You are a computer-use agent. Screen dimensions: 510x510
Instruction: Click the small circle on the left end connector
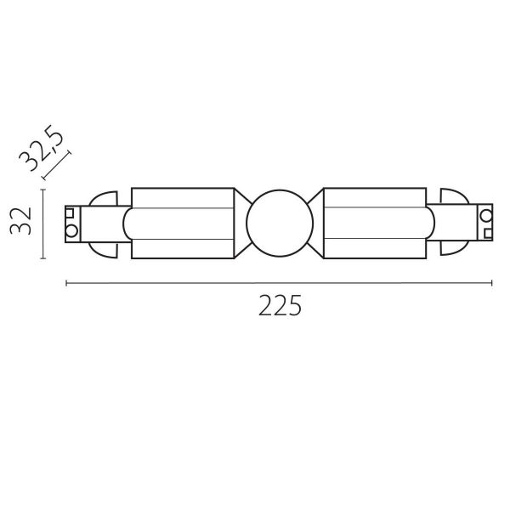click(72, 229)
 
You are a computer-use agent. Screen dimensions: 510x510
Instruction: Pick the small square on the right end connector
click(486, 231)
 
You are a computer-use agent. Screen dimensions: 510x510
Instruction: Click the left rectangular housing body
click(183, 224)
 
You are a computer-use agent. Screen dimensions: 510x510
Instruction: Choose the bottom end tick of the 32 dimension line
click(42, 258)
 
